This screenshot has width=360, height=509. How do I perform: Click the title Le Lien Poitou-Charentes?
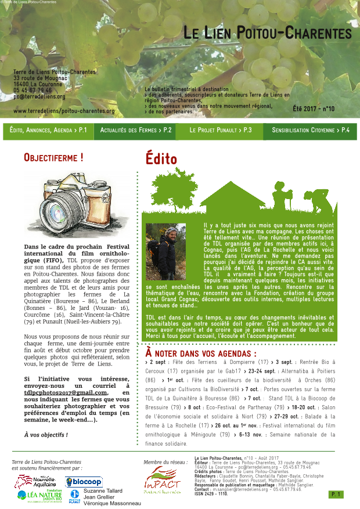point(268,34)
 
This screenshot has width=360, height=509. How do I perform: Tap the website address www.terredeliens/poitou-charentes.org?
point(64,111)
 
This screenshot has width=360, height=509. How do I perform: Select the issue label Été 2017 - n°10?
point(314,109)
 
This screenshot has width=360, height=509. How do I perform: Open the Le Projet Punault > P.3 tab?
point(221,131)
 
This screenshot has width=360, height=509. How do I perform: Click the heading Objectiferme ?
point(53,157)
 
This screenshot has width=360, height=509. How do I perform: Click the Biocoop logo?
point(84,482)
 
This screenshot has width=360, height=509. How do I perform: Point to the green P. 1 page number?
point(336,494)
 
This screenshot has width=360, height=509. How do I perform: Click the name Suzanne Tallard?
point(103,491)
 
